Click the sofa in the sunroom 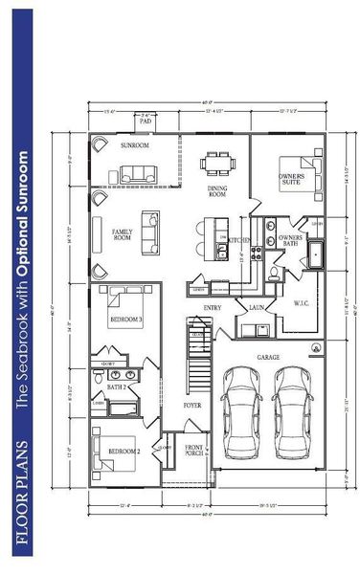[139, 173]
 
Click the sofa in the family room [151, 232]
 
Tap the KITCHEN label [239, 241]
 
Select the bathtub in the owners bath [319, 255]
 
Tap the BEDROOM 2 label [124, 450]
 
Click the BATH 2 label [117, 386]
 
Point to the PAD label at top [146, 122]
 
